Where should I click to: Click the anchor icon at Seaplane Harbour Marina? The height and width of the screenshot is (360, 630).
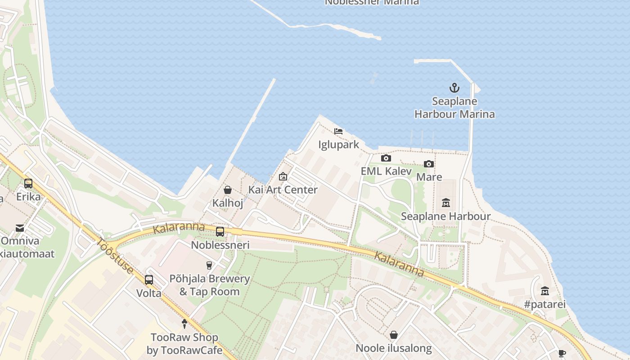[454, 88]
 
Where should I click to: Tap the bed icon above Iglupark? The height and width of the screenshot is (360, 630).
[338, 131]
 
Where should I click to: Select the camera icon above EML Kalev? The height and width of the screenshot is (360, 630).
[386, 158]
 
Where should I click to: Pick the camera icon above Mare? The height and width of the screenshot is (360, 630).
[428, 164]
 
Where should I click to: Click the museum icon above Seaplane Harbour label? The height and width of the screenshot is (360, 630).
[445, 203]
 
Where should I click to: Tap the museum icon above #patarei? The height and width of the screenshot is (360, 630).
[544, 291]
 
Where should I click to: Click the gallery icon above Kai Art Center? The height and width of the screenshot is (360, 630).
[283, 176]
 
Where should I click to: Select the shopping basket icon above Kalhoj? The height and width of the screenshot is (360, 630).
[228, 190]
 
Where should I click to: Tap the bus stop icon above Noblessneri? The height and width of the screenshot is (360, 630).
[220, 232]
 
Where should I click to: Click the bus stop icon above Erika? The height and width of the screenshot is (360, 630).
[28, 184]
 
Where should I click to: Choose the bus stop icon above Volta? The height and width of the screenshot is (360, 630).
[149, 279]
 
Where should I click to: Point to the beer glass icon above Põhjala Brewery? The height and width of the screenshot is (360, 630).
[209, 265]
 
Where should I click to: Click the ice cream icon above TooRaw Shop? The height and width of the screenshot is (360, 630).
[184, 324]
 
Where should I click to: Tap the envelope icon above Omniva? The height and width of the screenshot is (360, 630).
[20, 228]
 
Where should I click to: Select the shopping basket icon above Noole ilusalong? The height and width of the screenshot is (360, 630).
[394, 335]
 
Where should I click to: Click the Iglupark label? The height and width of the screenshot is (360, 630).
[338, 144]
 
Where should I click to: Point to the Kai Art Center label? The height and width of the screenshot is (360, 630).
[283, 189]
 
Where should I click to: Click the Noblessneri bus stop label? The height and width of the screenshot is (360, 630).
[220, 245]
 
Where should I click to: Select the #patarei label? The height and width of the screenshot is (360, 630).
[544, 304]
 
